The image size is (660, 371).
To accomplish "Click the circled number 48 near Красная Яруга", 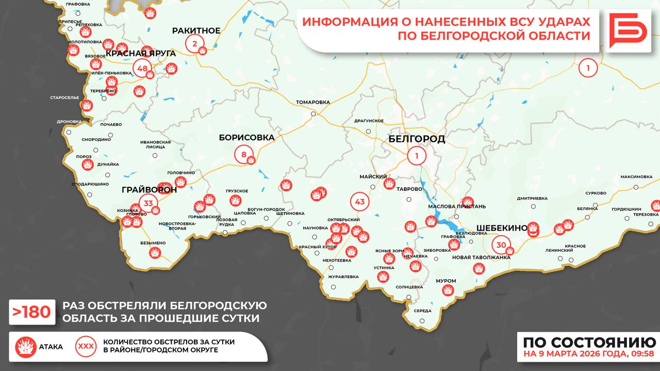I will coord(142,68).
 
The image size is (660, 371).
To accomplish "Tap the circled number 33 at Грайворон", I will coord(148,203).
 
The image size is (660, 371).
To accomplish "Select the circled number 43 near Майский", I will coord(360,201).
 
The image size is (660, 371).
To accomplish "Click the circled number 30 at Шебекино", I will coord(501,245).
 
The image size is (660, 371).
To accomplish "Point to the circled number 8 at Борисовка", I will coord(244,154).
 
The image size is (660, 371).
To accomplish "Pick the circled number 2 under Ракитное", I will coord(194,44).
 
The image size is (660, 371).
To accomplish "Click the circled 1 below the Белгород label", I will coord(417,155).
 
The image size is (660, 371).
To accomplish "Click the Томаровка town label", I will coord(312,102).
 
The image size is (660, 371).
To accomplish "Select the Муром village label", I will coord(445,281).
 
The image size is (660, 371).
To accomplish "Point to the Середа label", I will coord(422,311).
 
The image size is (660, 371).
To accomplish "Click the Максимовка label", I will coord(636,176).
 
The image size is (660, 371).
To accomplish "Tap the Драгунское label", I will coord(369,121).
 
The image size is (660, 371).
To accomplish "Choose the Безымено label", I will coord(153,243).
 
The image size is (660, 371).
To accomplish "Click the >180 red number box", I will coord(32,312).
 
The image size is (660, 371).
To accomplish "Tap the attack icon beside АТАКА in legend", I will coord(25,347).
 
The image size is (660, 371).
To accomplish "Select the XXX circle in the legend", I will coord(86,346).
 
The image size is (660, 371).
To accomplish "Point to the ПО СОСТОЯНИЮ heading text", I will coord(589,343).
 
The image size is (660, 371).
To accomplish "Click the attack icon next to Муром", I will coord(448,291).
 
